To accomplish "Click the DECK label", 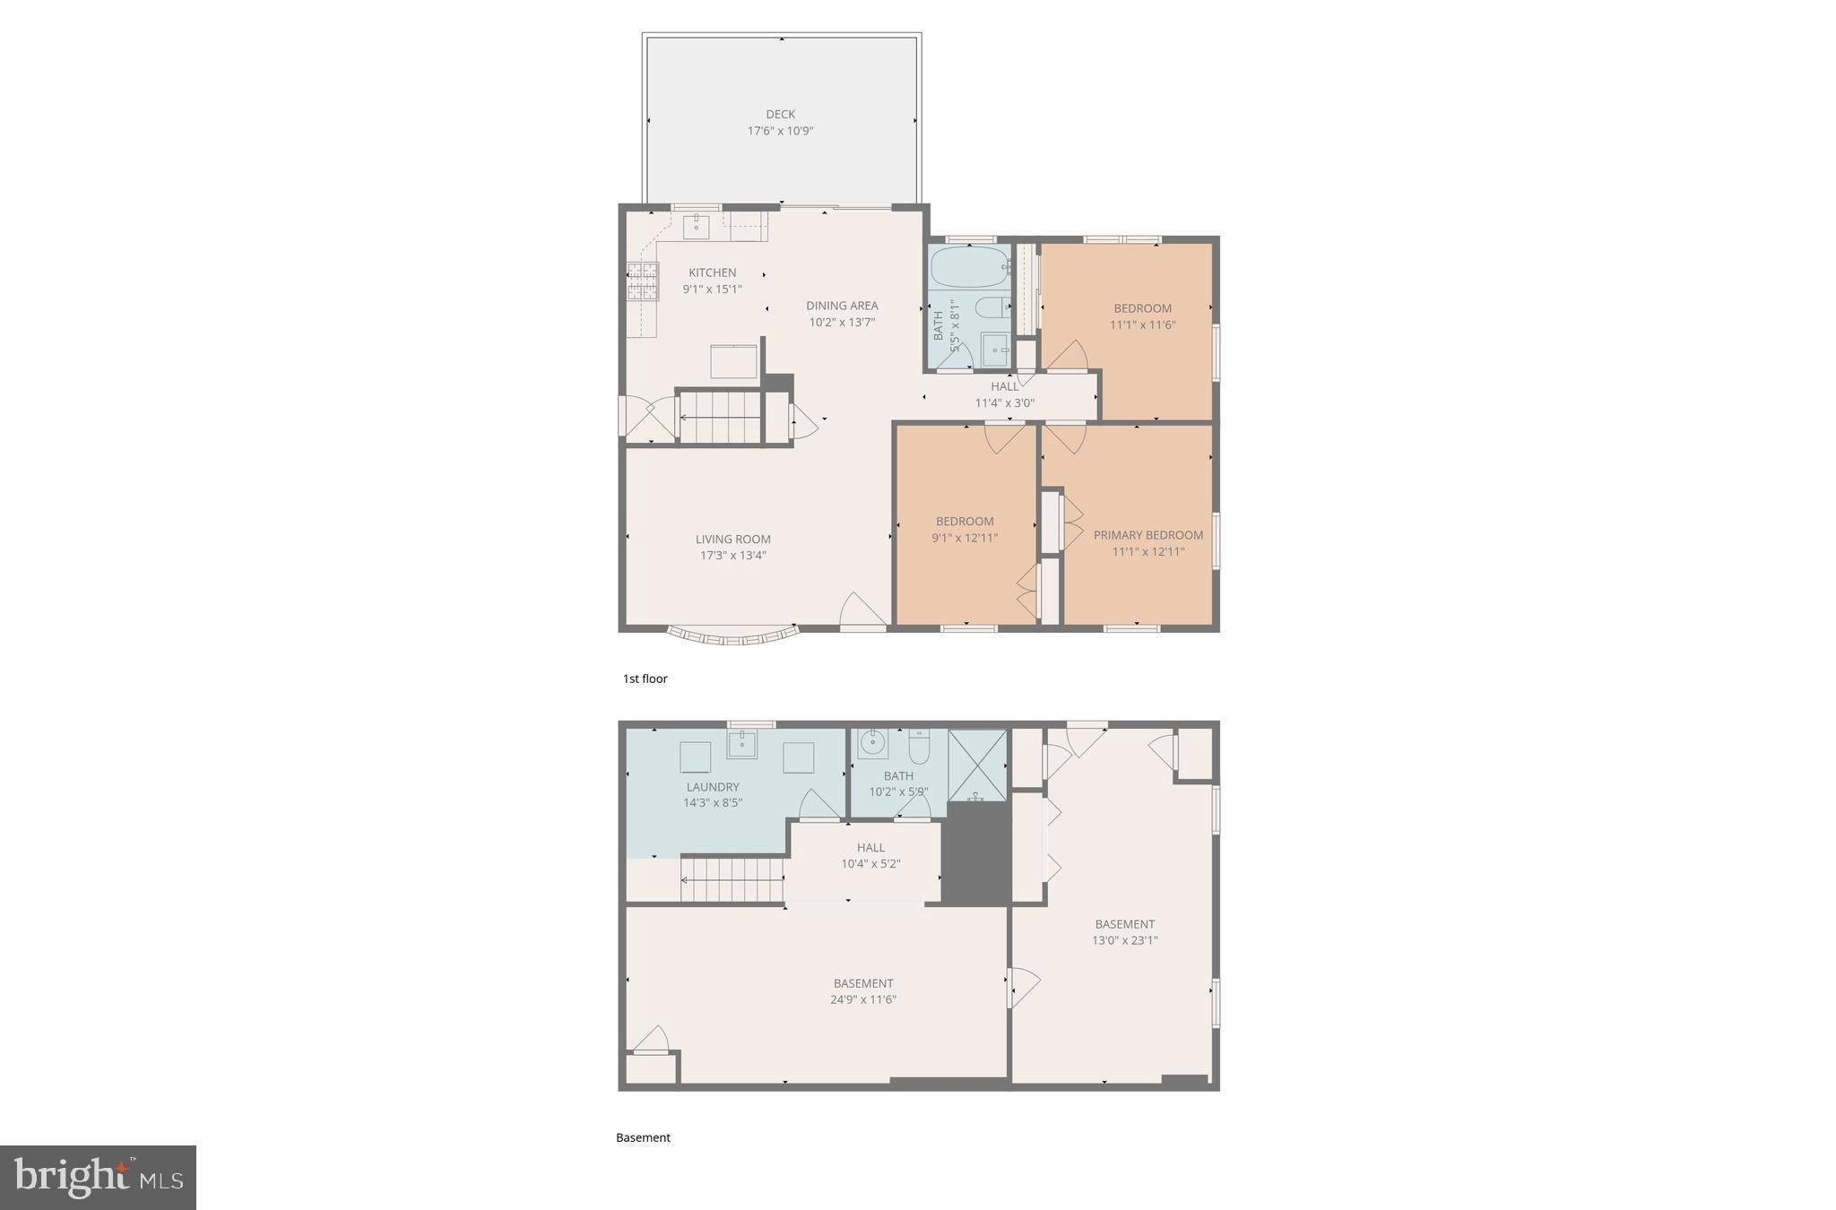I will pyautogui.click(x=780, y=114).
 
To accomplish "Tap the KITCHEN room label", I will pyautogui.click(x=712, y=272).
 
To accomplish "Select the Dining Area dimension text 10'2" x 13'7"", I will pyautogui.click(x=841, y=322).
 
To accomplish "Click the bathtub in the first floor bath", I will pyautogui.click(x=969, y=266).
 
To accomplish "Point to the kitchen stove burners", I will pyautogui.click(x=642, y=281).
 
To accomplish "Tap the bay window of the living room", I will pyautogui.click(x=733, y=635).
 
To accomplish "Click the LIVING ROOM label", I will pyautogui.click(x=732, y=539).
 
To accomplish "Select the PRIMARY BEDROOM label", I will pyautogui.click(x=1147, y=535).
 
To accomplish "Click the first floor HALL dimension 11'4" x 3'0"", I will pyautogui.click(x=1004, y=403).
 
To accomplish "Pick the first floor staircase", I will pyautogui.click(x=720, y=417).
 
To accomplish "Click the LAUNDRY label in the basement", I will pyautogui.click(x=713, y=787).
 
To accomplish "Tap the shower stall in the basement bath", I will pyautogui.click(x=977, y=765).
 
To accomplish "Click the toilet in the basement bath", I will pyautogui.click(x=919, y=745).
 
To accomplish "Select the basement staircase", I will pyautogui.click(x=732, y=879).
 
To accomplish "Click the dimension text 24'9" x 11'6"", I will pyautogui.click(x=862, y=999).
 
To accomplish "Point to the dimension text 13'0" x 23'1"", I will pyautogui.click(x=1124, y=940).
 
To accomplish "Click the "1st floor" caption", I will pyautogui.click(x=645, y=678).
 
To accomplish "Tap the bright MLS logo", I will pyautogui.click(x=98, y=1177).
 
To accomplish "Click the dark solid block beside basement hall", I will pyautogui.click(x=975, y=854).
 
